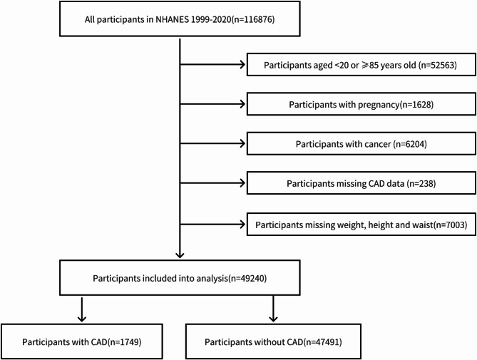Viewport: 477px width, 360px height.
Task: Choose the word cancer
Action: [x=376, y=143]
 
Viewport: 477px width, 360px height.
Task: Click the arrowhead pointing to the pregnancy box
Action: [x=243, y=104]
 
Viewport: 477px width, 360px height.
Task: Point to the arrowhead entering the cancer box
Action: [x=243, y=143]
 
